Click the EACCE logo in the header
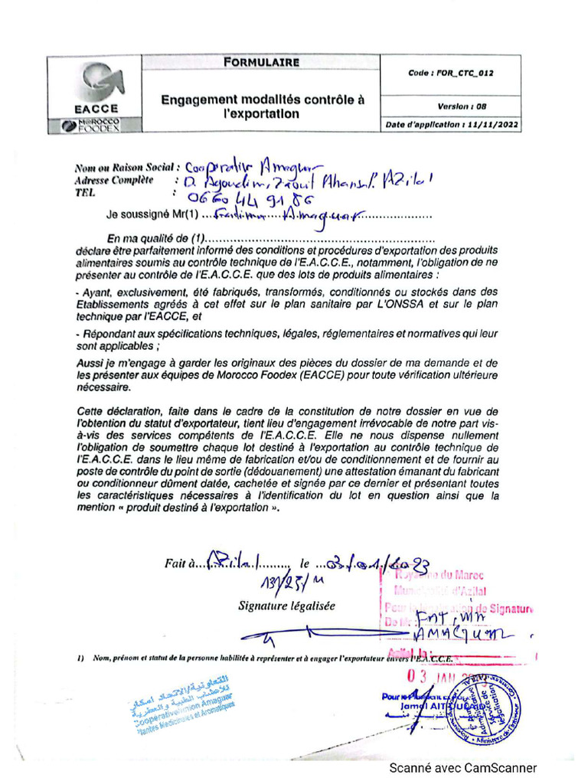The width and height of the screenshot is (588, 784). click(96, 87)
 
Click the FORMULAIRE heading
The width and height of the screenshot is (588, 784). click(261, 63)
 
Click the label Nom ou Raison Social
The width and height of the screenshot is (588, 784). click(126, 167)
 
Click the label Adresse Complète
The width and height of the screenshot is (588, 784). click(113, 180)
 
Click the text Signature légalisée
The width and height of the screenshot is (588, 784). click(286, 606)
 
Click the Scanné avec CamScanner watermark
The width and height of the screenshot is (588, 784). click(463, 768)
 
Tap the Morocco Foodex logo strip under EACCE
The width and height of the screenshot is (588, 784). click(96, 126)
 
